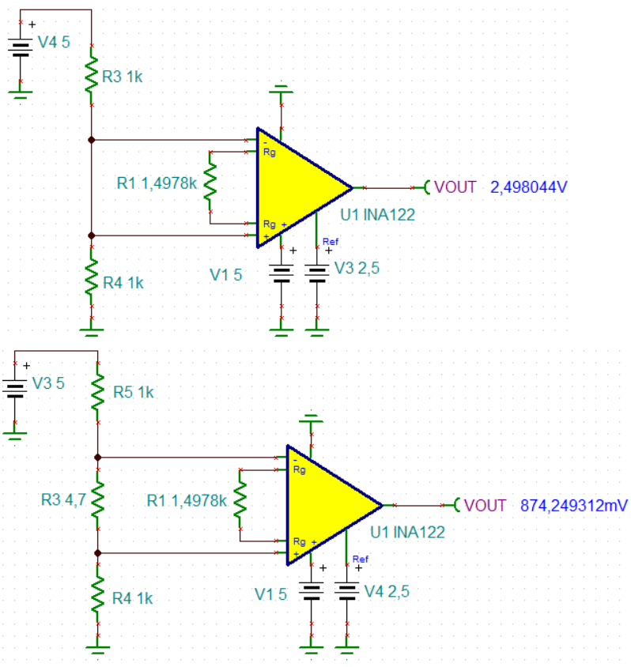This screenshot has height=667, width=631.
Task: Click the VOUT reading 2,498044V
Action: pyautogui.click(x=530, y=187)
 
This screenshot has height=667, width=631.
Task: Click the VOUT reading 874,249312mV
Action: pyautogui.click(x=573, y=505)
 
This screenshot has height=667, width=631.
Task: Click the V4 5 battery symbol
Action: pyautogui.click(x=21, y=46)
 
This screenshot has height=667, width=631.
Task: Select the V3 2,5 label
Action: pyautogui.click(x=357, y=269)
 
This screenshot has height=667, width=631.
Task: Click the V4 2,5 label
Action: pyautogui.click(x=387, y=591)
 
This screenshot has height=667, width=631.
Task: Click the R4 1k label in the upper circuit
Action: pyautogui.click(x=123, y=282)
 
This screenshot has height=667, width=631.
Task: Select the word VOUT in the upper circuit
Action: pyautogui.click(x=455, y=187)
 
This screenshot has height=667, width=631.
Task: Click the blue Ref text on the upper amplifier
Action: pyautogui.click(x=331, y=242)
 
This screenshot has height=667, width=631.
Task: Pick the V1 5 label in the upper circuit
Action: pyautogui.click(x=226, y=274)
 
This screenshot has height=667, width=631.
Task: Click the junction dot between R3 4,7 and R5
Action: pyautogui.click(x=97, y=457)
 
